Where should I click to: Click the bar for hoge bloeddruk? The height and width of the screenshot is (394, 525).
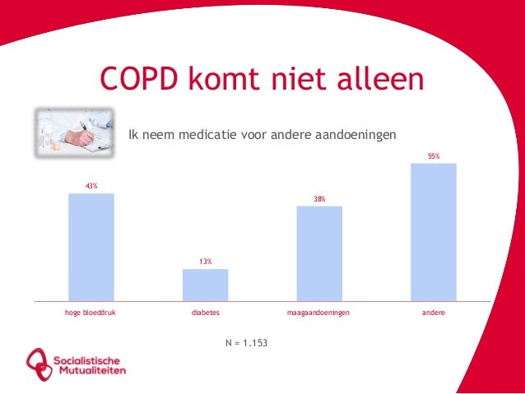91,247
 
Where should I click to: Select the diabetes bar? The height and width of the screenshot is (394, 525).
205,285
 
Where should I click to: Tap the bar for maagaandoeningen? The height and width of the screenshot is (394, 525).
318,253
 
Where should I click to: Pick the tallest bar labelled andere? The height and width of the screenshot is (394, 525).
433,232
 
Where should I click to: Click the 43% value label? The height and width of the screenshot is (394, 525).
91,187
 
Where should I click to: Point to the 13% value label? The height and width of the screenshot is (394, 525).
205,262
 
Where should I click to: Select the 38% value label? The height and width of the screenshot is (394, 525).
318,199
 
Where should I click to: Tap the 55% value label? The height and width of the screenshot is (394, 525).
433,155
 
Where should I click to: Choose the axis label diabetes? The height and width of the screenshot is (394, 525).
205,313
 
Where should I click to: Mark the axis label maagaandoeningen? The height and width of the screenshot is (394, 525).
318,313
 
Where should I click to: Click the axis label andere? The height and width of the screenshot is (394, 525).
433,313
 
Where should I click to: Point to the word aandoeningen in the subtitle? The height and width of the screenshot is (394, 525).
356,134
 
